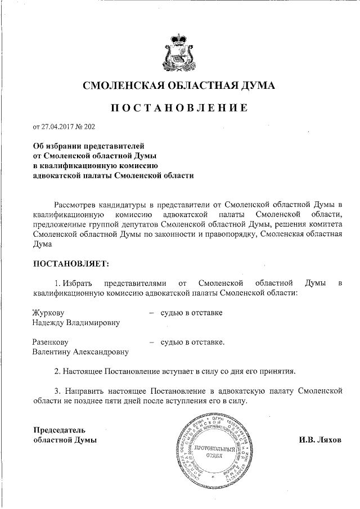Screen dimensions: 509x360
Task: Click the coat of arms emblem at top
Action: (180, 50)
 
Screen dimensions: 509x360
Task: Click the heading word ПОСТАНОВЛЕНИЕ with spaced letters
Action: (180, 107)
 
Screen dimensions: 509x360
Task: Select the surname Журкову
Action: (49, 312)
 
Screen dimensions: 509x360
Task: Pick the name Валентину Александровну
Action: (80, 352)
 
